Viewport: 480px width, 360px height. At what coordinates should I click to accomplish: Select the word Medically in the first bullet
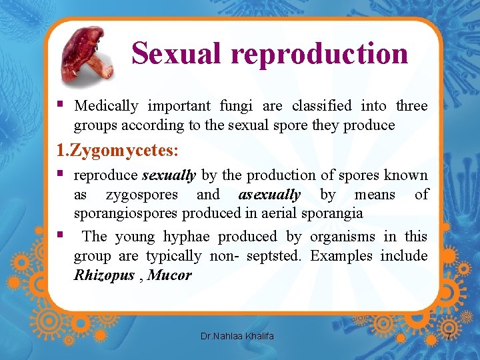pyautogui.click(x=106, y=105)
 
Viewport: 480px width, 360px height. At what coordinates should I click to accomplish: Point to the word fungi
pyautogui.click(x=234, y=105)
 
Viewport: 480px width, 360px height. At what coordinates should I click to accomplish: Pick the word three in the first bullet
pyautogui.click(x=411, y=105)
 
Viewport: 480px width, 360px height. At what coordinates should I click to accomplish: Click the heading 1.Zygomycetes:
pyautogui.click(x=117, y=151)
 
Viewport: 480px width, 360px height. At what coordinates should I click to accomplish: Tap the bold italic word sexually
pyautogui.click(x=169, y=175)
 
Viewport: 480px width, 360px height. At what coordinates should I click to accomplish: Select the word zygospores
pyautogui.click(x=142, y=195)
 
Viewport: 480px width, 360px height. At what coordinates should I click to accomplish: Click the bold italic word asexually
pyautogui.click(x=269, y=195)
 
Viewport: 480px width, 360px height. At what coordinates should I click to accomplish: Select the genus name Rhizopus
pyautogui.click(x=104, y=275)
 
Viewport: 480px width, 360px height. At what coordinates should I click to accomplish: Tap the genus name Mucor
pyautogui.click(x=169, y=275)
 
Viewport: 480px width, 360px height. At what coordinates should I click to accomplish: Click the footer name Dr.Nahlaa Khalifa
pyautogui.click(x=237, y=336)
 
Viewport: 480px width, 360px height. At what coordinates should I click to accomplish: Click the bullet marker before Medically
pyautogui.click(x=61, y=105)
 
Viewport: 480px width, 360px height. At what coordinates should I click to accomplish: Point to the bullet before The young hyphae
pyautogui.click(x=61, y=235)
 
